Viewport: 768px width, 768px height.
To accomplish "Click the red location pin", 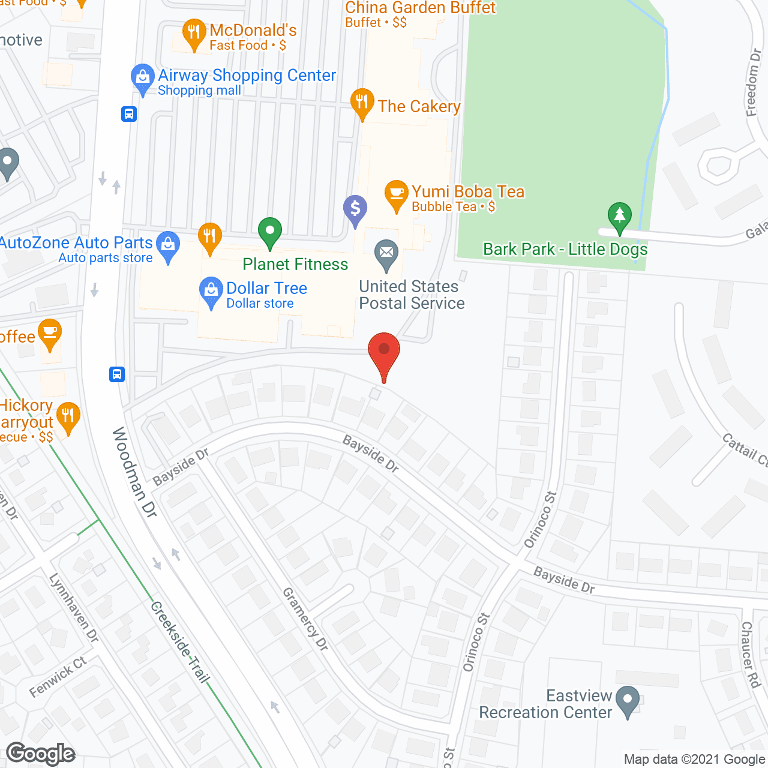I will coord(384,351).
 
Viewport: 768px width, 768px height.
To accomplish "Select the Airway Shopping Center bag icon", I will coord(142,78).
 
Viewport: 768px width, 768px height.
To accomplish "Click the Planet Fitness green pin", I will coord(270,231).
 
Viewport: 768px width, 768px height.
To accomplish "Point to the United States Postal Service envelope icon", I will coord(386,254).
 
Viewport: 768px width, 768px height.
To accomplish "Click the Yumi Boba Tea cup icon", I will coord(396,194).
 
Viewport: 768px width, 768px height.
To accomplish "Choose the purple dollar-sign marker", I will coord(355,209).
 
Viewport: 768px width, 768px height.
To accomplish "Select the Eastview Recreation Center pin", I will coord(628,700).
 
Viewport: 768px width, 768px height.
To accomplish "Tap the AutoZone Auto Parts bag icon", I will coord(168,245).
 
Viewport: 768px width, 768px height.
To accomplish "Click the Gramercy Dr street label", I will coord(305,619).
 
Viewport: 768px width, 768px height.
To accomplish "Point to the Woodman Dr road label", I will coord(134,472).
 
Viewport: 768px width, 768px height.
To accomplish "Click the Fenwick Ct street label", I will coord(58,677).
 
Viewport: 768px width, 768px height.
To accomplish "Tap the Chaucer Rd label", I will coord(750,654).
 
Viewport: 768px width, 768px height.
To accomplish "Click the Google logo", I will coord(41,754).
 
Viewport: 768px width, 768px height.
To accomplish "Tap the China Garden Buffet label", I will coord(420,8).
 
